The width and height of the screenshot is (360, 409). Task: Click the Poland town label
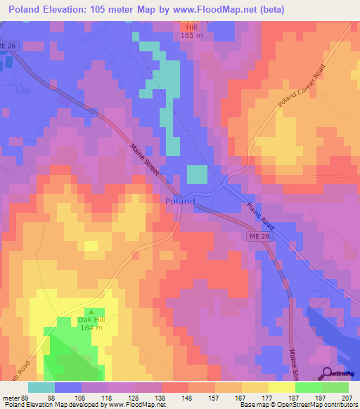(x=179, y=201)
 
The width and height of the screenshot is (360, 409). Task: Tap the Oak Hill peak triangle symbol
(x=90, y=312)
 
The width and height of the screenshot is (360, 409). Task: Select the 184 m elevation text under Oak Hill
(x=90, y=328)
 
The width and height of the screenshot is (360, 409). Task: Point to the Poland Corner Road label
(x=302, y=90)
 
